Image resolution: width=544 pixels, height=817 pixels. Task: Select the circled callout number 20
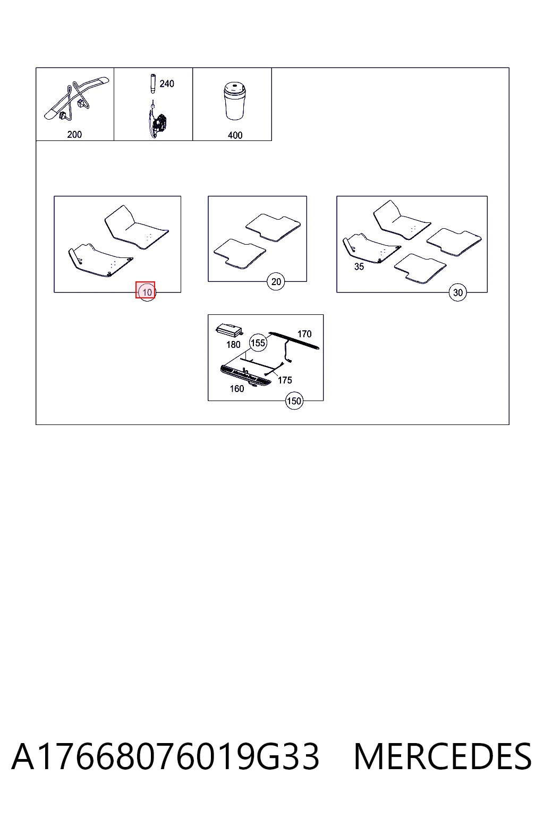276,281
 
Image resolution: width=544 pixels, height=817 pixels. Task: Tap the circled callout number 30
457,292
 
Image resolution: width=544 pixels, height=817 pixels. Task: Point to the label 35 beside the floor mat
359,266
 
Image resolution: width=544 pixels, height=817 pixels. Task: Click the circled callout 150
294,401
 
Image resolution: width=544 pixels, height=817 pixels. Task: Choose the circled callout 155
258,343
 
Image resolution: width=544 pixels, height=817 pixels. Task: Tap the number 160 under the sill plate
237,389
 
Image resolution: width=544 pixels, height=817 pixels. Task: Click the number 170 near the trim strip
304,334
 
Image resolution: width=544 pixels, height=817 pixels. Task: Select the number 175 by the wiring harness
285,380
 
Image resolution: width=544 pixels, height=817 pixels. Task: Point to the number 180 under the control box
233,345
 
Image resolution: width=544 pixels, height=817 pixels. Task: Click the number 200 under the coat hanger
74,135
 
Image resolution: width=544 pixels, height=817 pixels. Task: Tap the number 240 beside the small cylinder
167,84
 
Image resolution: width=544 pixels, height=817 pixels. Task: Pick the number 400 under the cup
235,135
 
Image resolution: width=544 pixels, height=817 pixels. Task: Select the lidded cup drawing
235,101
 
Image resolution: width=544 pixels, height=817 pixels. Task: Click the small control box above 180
229,330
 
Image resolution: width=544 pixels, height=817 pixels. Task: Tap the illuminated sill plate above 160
245,376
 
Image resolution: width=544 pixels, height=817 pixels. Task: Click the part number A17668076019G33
165,756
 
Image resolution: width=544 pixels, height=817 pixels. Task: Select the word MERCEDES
443,756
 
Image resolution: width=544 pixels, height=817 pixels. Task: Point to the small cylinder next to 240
153,84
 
